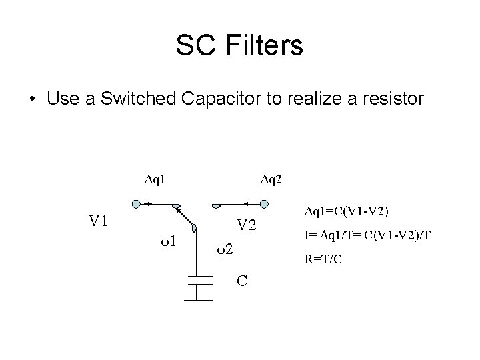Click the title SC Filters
pyautogui.click(x=239, y=46)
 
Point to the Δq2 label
pyautogui.click(x=272, y=178)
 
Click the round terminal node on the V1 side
pyautogui.click(x=136, y=204)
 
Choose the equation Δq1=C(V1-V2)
pyautogui.click(x=347, y=212)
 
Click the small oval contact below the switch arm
pyautogui.click(x=194, y=229)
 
